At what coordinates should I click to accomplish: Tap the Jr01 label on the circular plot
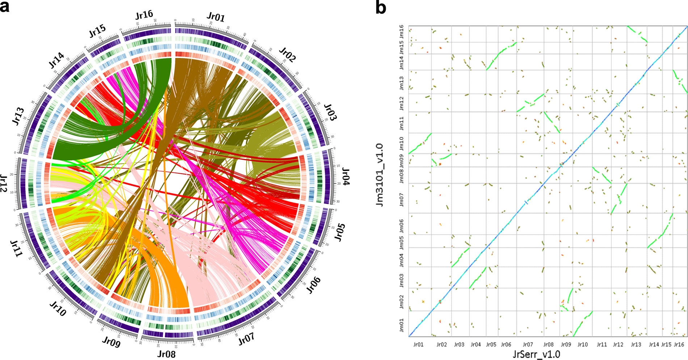coord(216,17)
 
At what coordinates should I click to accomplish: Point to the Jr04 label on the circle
coord(345,177)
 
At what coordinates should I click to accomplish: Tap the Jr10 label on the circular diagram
coord(58,309)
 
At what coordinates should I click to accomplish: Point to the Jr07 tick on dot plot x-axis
coord(528,344)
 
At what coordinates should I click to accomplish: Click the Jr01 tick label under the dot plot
coord(418,344)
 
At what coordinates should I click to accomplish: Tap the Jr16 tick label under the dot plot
coord(679,344)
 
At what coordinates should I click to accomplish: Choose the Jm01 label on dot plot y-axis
coord(401,325)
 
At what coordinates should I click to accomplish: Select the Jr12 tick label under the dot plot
coord(618,344)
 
